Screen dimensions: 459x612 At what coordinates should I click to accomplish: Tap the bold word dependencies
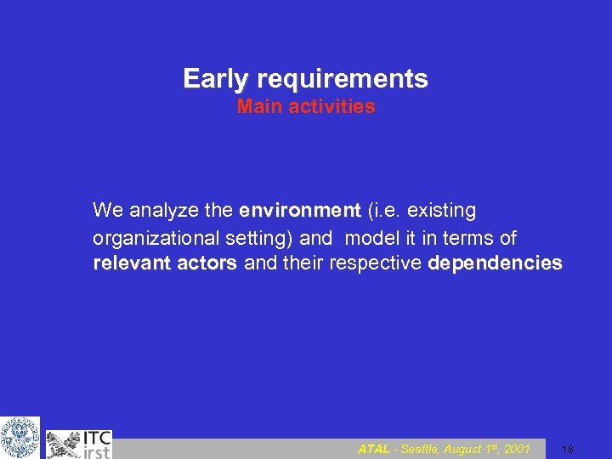click(496, 263)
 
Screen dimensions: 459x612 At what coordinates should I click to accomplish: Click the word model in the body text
click(368, 237)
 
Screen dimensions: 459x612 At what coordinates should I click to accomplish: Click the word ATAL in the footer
click(374, 449)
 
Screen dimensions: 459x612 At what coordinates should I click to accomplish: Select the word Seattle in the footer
click(414, 449)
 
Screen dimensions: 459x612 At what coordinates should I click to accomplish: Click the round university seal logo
click(20, 437)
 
